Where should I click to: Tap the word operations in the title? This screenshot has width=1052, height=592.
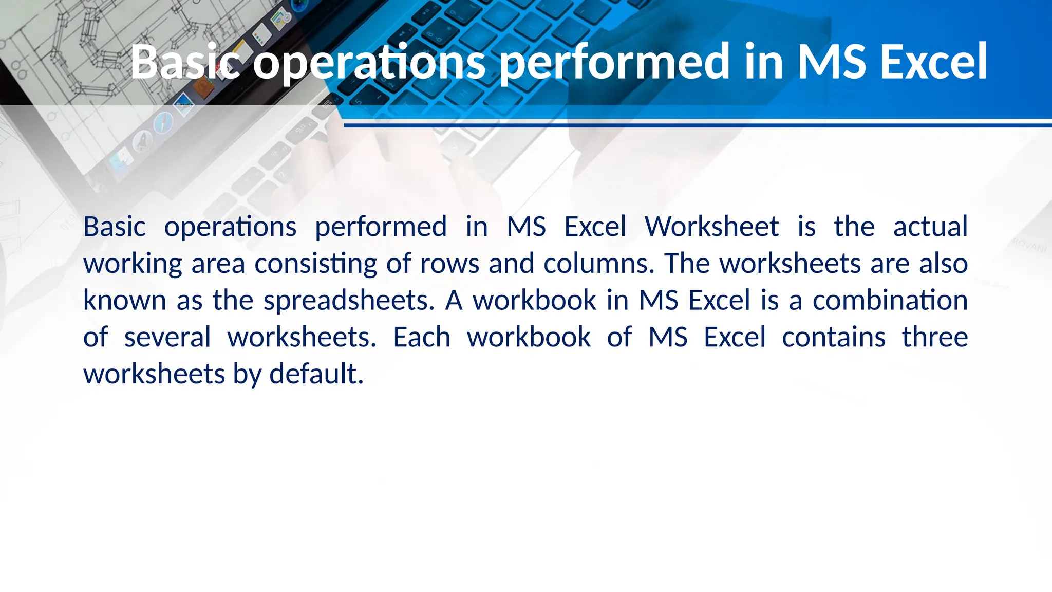click(369, 63)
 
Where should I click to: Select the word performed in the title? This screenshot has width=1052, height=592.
click(615, 63)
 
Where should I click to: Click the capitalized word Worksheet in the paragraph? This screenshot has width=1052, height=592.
click(711, 227)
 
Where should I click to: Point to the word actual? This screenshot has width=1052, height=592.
click(930, 227)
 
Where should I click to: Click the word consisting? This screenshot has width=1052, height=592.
click(315, 264)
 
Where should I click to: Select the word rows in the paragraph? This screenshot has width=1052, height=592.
click(449, 264)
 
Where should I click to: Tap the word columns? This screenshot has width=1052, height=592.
click(598, 264)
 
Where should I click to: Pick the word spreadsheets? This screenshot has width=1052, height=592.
click(349, 301)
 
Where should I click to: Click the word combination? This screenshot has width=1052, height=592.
click(890, 300)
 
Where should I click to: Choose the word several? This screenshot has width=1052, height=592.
click(167, 338)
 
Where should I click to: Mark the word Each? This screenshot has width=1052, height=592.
click(421, 338)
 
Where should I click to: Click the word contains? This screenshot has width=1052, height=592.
click(833, 338)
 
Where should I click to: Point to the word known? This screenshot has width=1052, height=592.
click(125, 301)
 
